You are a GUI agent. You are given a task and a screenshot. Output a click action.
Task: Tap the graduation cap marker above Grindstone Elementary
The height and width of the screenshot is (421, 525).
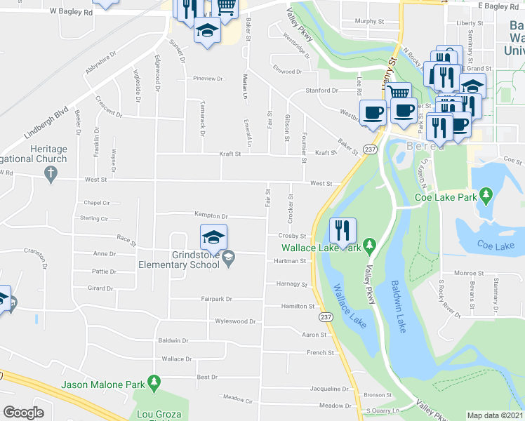pyautogui.click(x=214, y=237)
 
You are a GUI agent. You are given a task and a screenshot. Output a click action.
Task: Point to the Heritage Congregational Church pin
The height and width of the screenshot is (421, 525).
pyautogui.click(x=49, y=178)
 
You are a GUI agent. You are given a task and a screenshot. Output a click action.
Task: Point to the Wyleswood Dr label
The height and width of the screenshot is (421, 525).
pyautogui.click(x=235, y=321)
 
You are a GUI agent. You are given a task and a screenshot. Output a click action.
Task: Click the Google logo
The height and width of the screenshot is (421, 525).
pyautogui.click(x=23, y=412)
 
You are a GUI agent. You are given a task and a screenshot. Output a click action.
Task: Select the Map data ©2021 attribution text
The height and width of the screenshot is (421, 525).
pyautogui.click(x=495, y=415)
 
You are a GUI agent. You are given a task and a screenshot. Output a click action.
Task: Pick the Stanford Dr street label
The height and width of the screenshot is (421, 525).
pyautogui.click(x=321, y=91)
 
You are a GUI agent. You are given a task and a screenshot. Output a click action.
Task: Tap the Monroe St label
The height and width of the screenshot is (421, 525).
pyautogui.click(x=470, y=273)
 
